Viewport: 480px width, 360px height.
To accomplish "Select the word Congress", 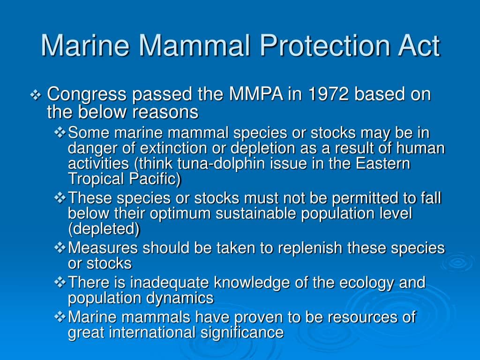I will [87, 95].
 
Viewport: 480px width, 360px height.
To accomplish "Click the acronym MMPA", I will [256, 95].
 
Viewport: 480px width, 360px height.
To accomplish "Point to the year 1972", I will [328, 95].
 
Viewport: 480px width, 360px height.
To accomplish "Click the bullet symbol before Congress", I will [37, 96].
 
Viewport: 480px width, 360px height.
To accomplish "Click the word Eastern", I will [383, 164].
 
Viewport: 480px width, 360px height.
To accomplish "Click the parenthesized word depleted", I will [104, 229].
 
